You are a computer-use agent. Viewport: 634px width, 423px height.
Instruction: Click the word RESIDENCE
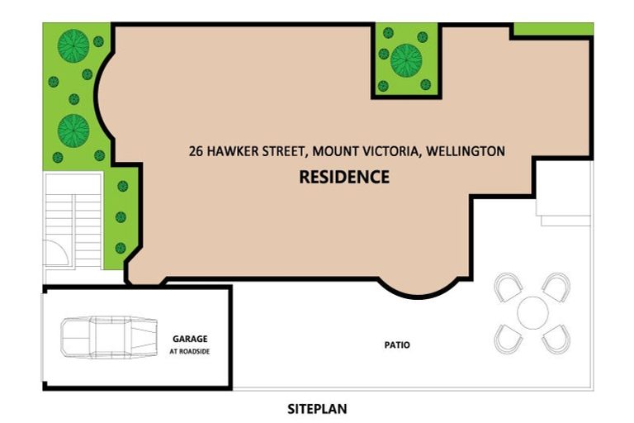[343, 177]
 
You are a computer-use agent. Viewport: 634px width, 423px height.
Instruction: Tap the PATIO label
[395, 345]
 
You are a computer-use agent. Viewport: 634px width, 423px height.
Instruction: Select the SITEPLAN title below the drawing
[317, 408]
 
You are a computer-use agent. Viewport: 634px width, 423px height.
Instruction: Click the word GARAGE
[190, 339]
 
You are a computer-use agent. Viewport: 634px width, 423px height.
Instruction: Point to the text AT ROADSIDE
[190, 350]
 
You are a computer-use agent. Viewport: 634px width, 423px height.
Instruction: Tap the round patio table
[533, 312]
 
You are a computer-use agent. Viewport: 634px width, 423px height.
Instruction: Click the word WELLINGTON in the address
[466, 151]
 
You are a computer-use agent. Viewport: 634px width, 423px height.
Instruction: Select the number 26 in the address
[195, 151]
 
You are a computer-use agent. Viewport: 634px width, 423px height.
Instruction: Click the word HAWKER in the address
[230, 151]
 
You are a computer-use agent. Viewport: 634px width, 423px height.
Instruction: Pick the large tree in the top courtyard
[406, 59]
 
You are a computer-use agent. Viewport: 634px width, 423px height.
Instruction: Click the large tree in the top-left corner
[73, 45]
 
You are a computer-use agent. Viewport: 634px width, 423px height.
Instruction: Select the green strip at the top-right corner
[552, 29]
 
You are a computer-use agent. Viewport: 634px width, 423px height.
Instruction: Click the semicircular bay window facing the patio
[421, 286]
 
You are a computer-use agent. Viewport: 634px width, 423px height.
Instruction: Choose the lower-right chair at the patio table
[556, 337]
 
